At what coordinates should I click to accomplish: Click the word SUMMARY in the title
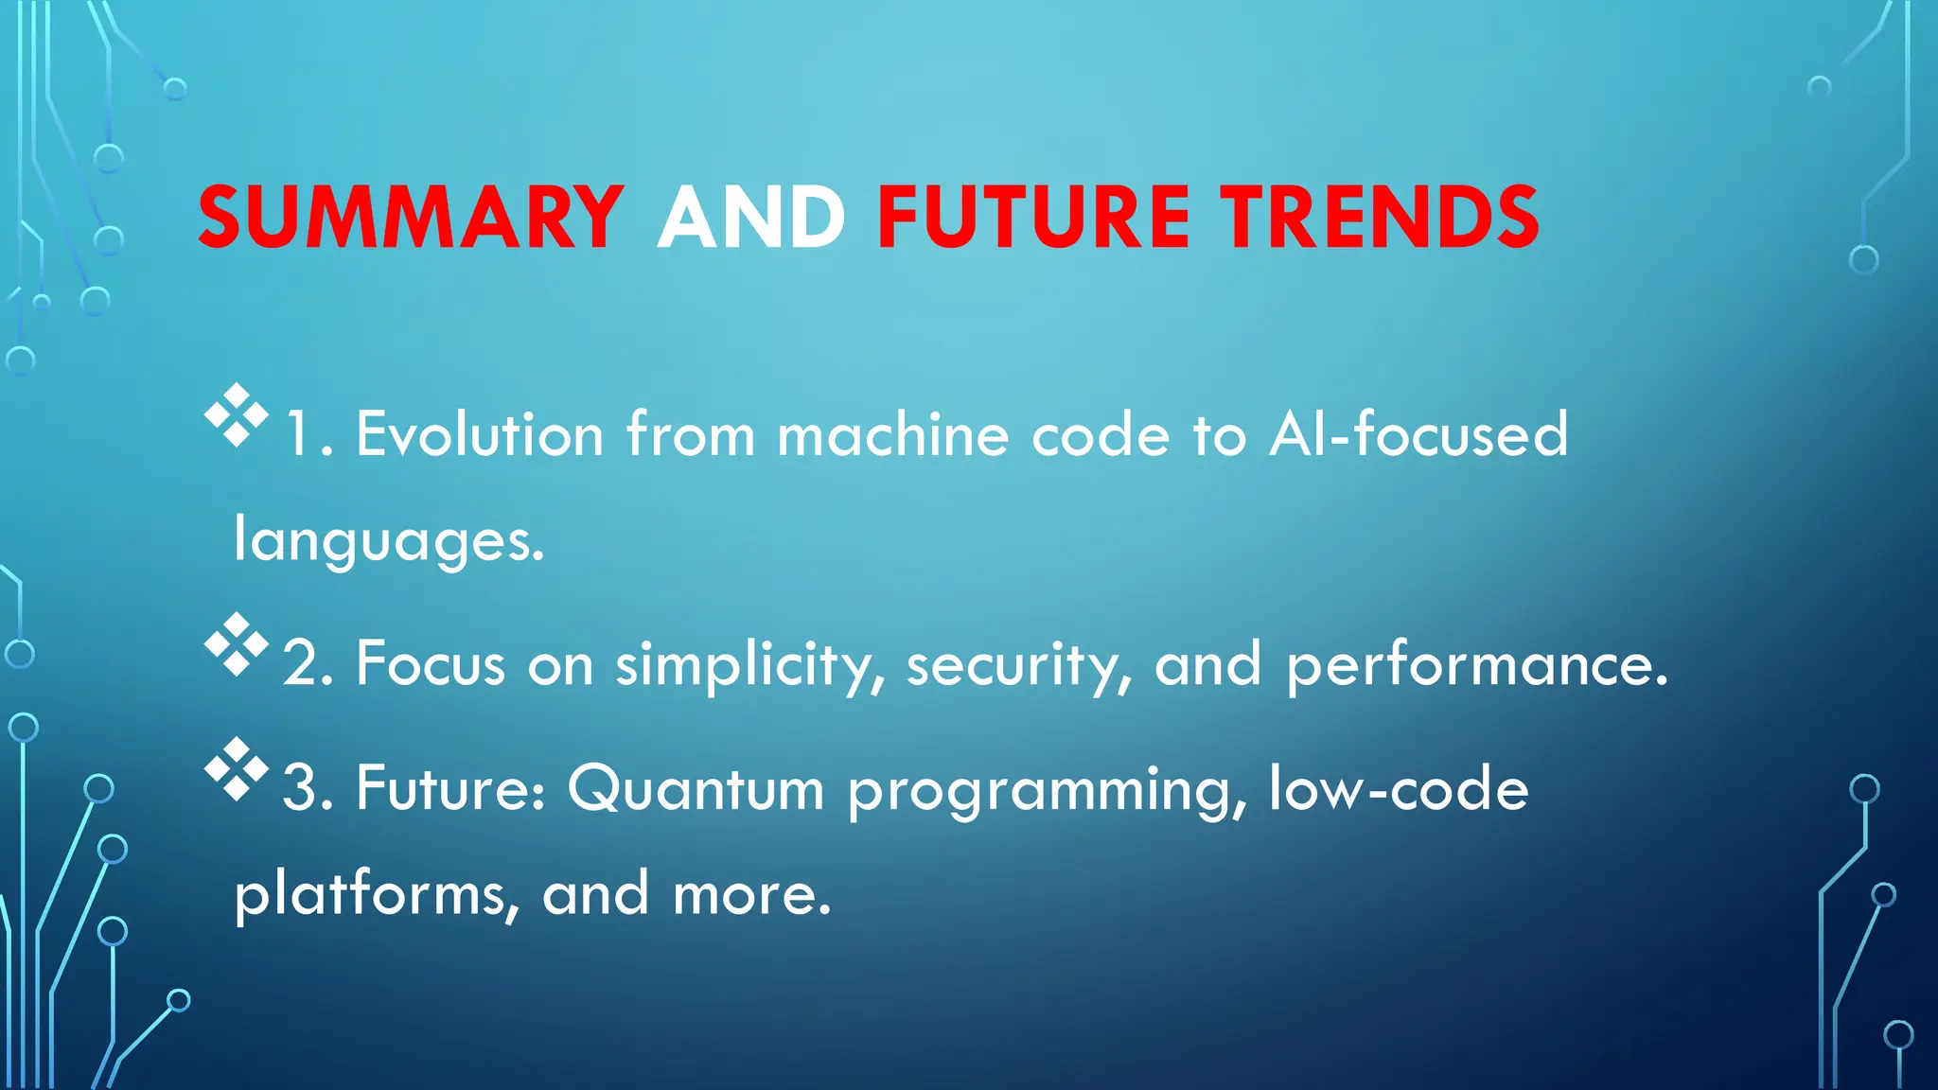coord(411,218)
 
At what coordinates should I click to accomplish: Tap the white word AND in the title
coord(750,218)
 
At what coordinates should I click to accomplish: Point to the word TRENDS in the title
coord(1380,218)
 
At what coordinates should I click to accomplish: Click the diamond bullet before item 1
coord(236,415)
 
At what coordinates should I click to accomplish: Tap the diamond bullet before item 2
coord(236,644)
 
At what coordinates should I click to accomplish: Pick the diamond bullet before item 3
coord(236,769)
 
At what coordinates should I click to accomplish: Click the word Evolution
coord(480,435)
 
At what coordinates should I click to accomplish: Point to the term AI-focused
coord(1418,435)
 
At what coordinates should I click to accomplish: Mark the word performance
coord(1476,665)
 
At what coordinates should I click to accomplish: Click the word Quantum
coord(696,789)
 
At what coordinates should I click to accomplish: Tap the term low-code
coord(1398,789)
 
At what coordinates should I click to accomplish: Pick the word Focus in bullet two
coord(431,665)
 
